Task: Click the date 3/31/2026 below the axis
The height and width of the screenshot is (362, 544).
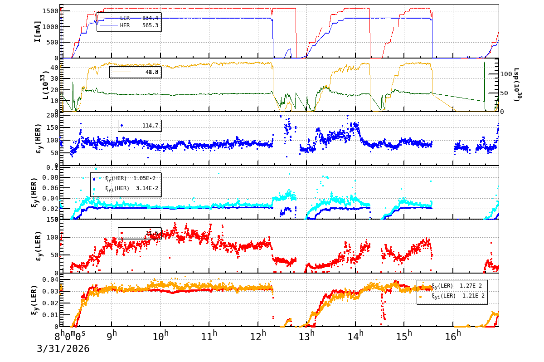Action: pyautogui.click(x=63, y=349)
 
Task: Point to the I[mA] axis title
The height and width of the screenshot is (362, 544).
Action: pyautogui.click(x=38, y=31)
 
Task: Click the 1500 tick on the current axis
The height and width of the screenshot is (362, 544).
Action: pyautogui.click(x=49, y=11)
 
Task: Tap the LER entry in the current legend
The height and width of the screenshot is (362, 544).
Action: pyautogui.click(x=125, y=18)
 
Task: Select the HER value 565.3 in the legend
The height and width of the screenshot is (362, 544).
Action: pyautogui.click(x=150, y=25)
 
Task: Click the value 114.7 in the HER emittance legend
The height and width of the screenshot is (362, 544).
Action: pyautogui.click(x=150, y=126)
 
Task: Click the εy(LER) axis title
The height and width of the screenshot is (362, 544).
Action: pyautogui.click(x=38, y=246)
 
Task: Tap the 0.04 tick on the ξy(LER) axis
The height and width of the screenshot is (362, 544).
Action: pyautogui.click(x=51, y=279)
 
